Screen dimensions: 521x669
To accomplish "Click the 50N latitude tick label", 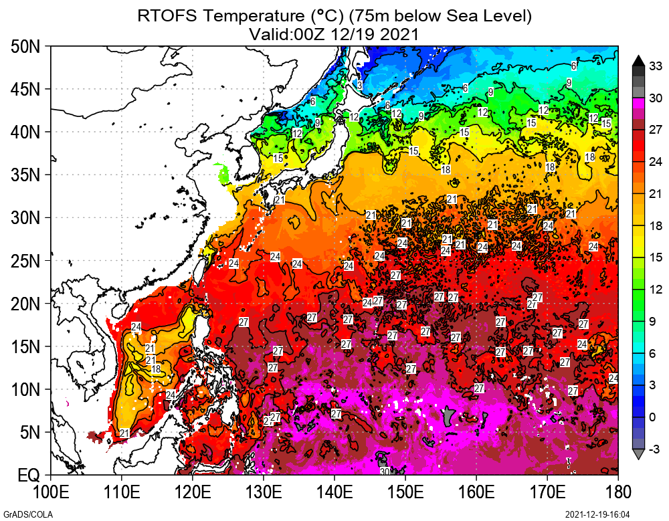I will point(26,47).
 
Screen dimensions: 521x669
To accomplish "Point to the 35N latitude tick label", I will point(26,175).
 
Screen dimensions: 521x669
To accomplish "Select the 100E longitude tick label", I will point(52,494).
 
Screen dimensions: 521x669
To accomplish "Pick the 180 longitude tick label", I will point(617,494).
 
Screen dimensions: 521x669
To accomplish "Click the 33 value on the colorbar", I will point(656,66).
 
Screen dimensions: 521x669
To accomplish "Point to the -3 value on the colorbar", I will point(656,449).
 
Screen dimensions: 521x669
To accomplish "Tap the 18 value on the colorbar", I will point(656,226).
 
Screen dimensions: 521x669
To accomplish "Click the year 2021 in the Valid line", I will point(399,33).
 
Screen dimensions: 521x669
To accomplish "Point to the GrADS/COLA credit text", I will point(21,514).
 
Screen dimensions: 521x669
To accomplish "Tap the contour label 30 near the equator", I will point(385,472).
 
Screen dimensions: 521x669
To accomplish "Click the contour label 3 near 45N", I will point(359,86).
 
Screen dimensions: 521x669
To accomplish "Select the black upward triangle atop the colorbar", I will point(638,60).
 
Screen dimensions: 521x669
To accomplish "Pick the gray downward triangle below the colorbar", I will point(638,455).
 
